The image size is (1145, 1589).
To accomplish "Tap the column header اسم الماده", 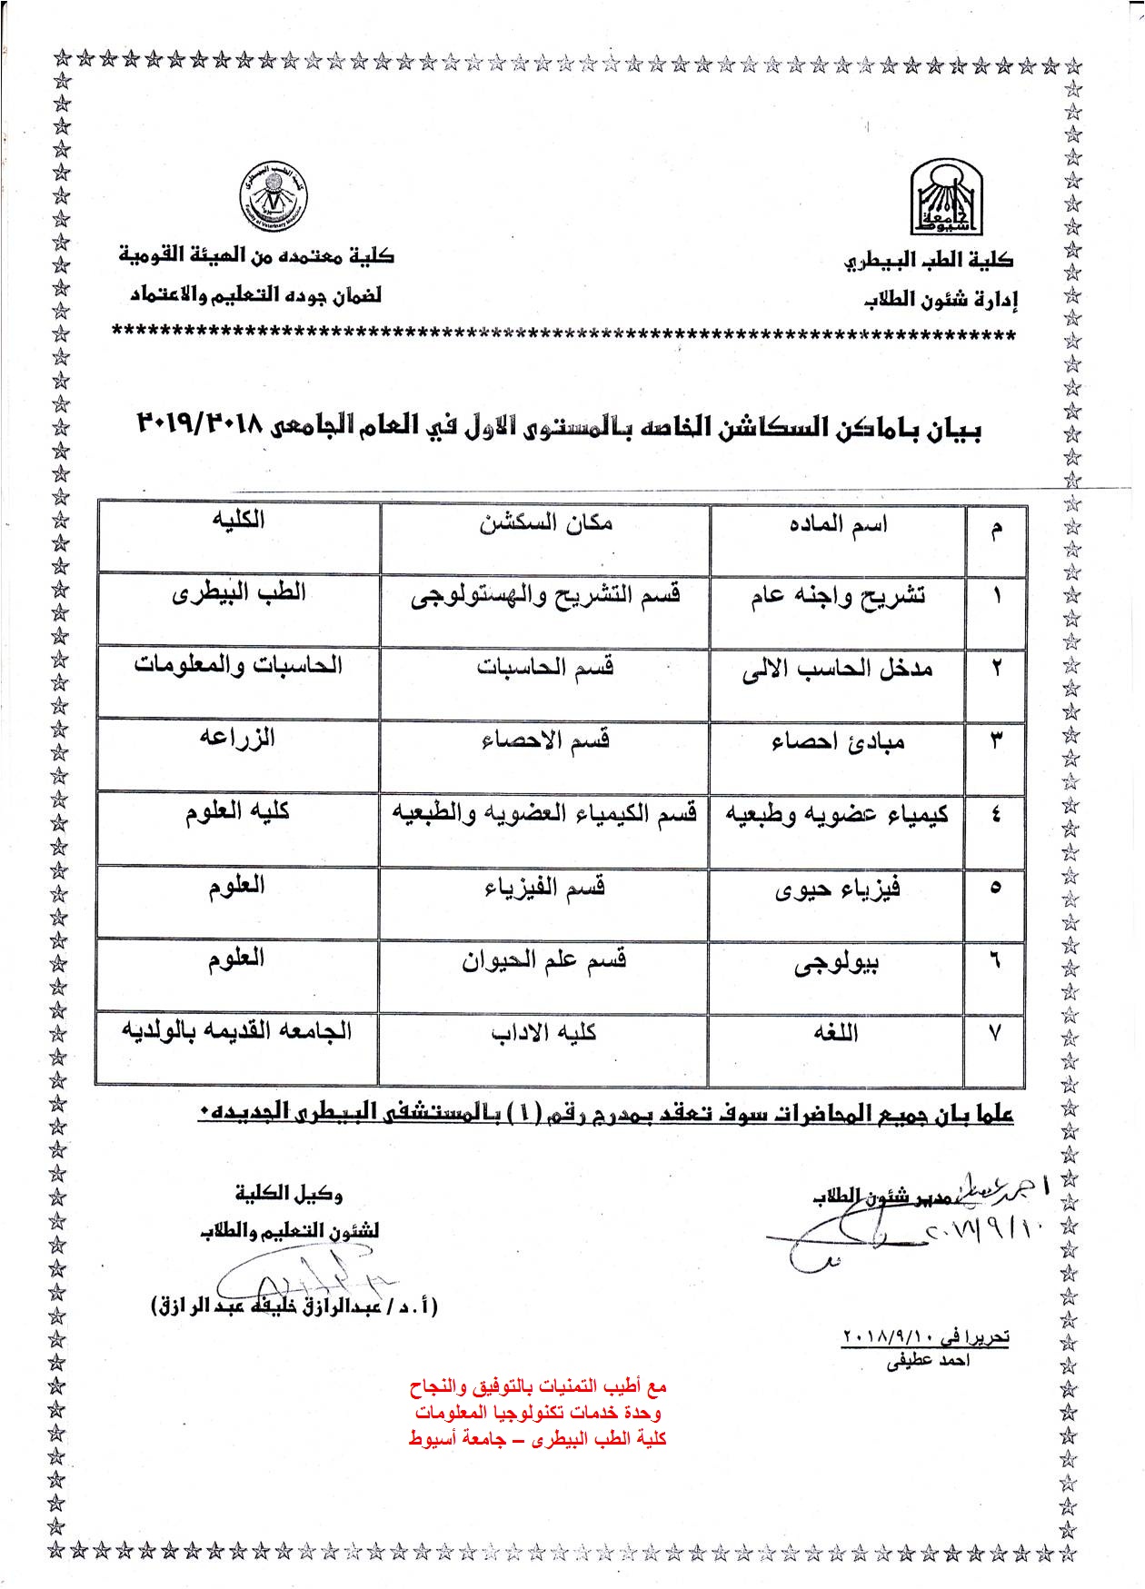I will point(838,526).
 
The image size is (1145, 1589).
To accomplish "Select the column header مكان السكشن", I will point(545,524).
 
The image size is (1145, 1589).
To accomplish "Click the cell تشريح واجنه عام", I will point(838,598).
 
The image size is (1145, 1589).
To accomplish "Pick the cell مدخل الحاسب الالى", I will point(838,670).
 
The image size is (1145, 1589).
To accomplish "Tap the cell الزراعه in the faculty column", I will point(238,739).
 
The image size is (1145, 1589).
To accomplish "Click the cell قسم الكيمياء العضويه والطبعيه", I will point(545,814).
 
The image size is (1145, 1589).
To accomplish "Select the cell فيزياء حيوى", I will point(838,889).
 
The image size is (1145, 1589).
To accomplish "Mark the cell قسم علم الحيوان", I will point(545,961).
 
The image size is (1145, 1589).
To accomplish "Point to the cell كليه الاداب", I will point(545,1033).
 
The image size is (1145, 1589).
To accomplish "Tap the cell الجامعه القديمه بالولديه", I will point(238,1031).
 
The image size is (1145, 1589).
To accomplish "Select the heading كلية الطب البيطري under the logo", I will point(929,261).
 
